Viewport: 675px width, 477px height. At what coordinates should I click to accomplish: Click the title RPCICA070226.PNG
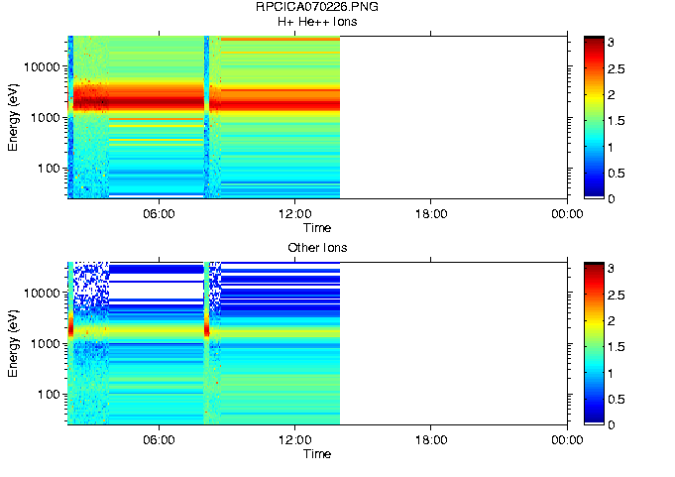[316, 7]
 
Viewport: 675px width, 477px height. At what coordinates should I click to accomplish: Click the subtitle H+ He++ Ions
[316, 21]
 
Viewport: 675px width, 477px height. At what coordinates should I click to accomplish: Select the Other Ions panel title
[316, 247]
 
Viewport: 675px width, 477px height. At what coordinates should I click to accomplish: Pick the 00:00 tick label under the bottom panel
[566, 440]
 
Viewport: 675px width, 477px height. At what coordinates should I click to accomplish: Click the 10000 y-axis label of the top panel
[44, 66]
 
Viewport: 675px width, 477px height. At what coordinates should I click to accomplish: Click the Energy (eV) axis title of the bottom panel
[13, 343]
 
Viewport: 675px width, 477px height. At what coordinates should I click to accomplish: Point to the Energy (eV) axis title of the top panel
[13, 117]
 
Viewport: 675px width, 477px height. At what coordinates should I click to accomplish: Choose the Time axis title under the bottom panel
[316, 454]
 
